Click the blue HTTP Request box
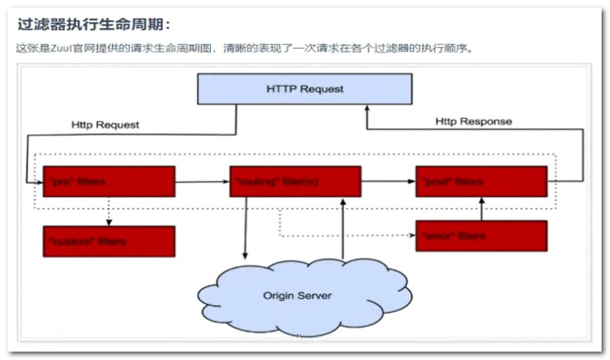304,89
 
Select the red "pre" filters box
109,182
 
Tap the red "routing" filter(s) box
295,182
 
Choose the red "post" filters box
481,182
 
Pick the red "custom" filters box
109,241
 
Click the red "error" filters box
481,236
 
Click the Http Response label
473,122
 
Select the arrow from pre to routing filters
202,183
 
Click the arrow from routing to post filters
388,183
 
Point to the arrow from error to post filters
481,209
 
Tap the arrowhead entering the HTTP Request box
366,109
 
